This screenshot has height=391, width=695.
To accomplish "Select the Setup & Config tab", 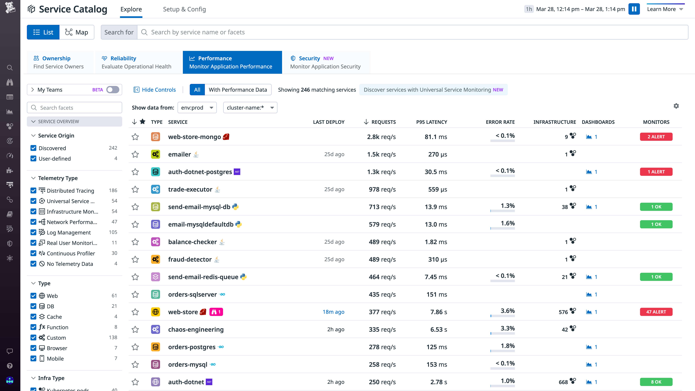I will click(x=184, y=9).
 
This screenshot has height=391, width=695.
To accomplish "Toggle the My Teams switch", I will click(x=113, y=90).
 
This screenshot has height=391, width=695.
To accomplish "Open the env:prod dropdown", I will click(x=197, y=108).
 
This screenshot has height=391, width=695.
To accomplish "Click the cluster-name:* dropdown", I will click(x=250, y=108).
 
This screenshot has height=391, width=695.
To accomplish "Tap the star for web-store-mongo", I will click(x=135, y=137).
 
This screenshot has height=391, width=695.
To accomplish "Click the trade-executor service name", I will click(x=190, y=189).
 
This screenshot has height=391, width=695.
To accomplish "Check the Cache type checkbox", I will click(x=33, y=316).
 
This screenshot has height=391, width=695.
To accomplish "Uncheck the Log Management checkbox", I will click(x=33, y=232).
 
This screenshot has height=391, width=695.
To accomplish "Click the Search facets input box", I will click(x=75, y=108).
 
